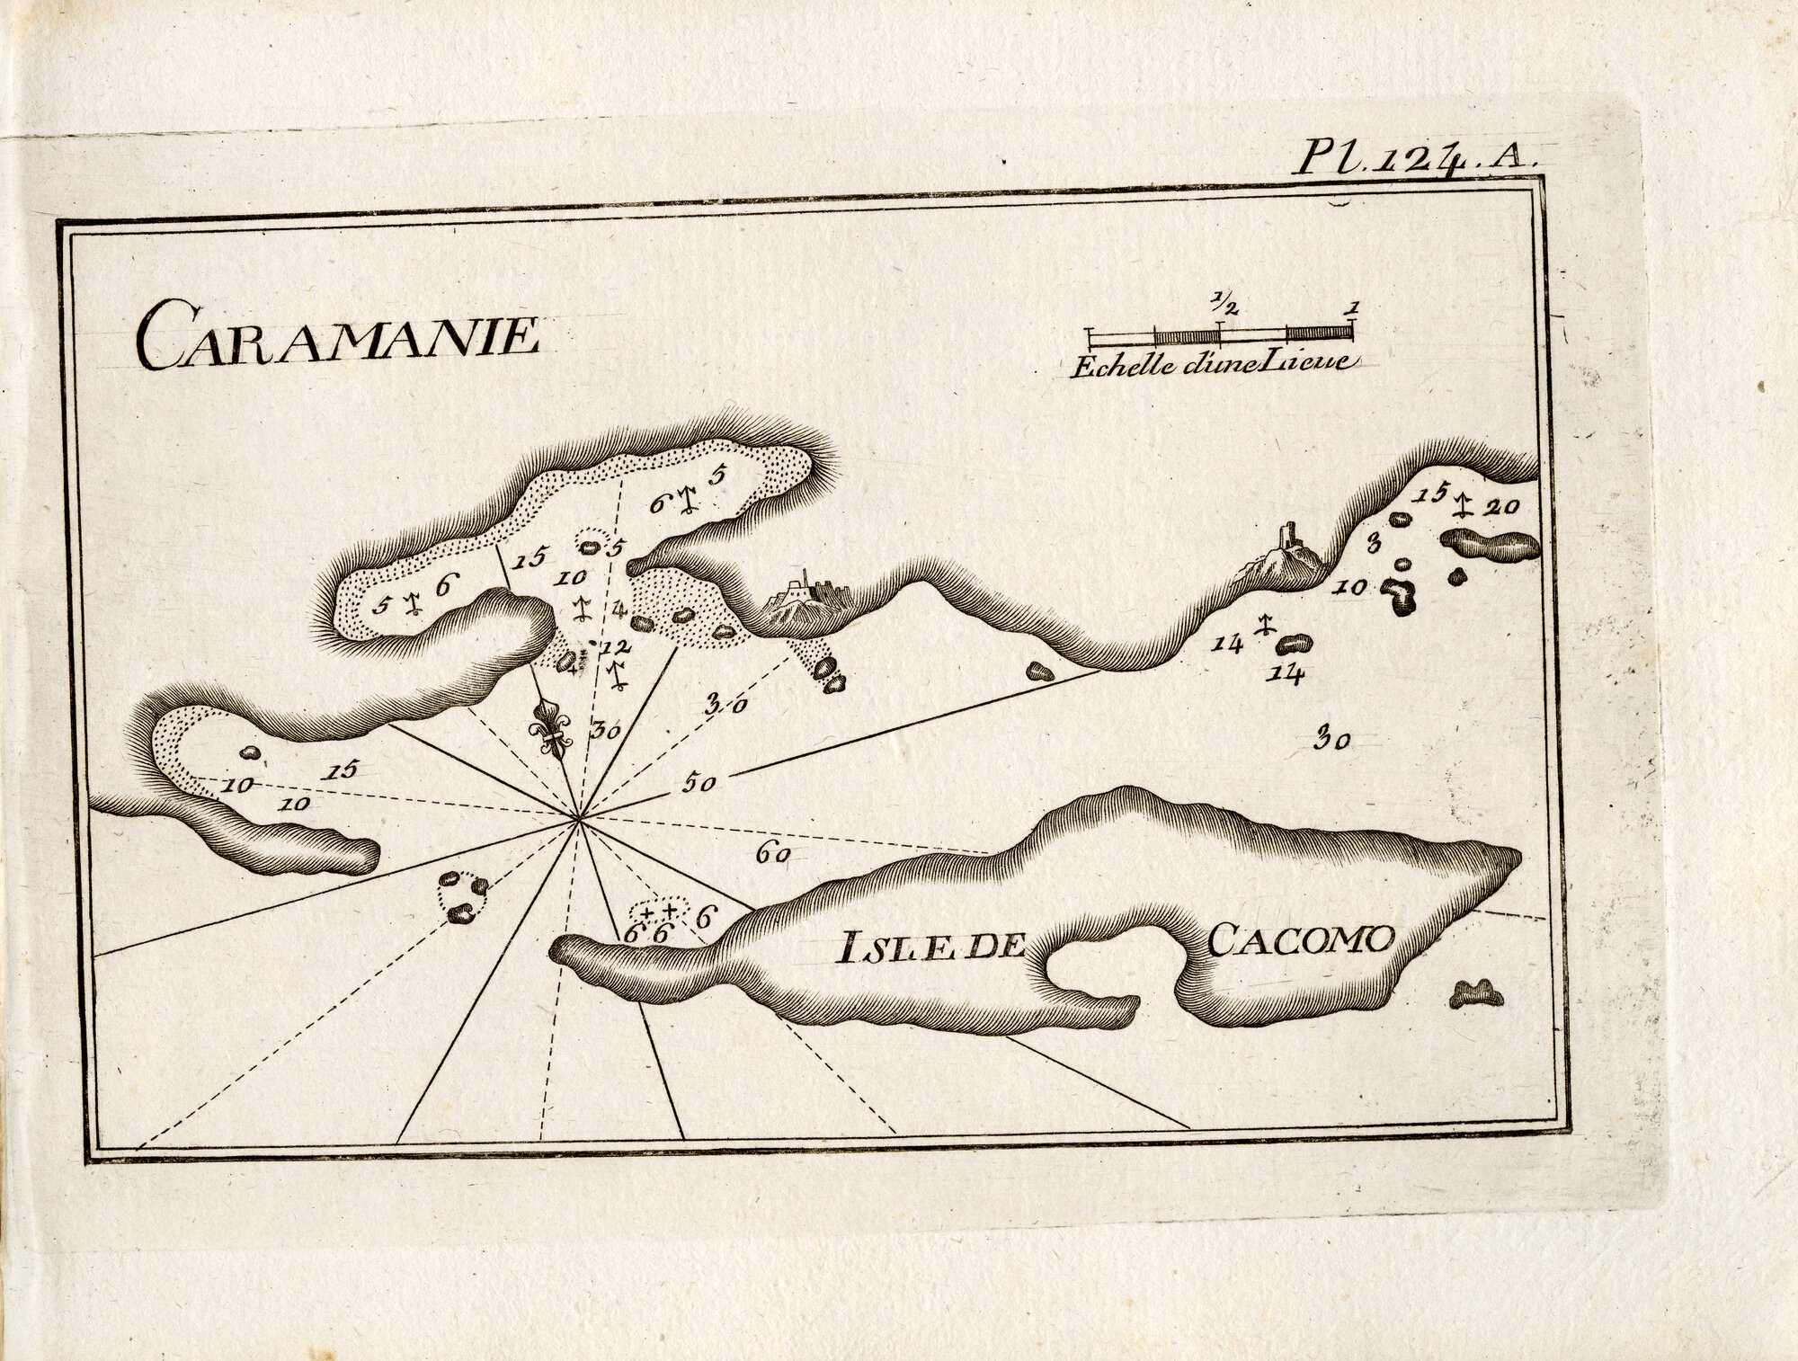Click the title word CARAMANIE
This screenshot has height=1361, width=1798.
point(337,334)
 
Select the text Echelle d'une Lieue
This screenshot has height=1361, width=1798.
point(1215,364)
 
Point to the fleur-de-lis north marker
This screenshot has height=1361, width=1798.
point(550,729)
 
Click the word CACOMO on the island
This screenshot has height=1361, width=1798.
point(1299,940)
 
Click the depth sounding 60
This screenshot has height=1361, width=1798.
point(772,855)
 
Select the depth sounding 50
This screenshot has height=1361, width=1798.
point(698,784)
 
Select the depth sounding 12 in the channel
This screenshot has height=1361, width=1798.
point(616,647)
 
